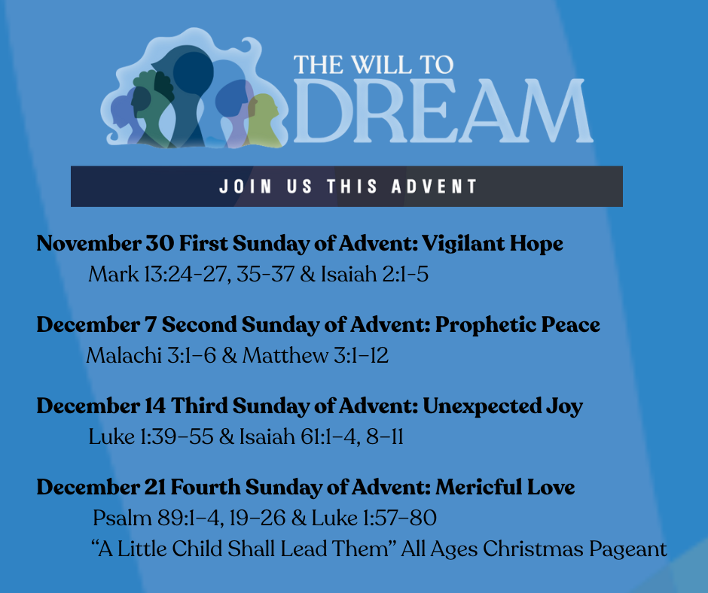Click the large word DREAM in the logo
pos(443,111)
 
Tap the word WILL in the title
pos(381,65)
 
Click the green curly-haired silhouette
pos(153,108)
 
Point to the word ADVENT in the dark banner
pos(434,187)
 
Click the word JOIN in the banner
pos(246,187)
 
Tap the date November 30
pos(105,243)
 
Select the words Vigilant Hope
pos(492,244)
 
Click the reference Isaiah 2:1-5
pos(374,274)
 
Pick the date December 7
pos(96,324)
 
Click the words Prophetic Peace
pos(517,325)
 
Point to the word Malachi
pos(124,355)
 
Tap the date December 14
pos(101,406)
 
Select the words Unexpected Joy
pos(502,406)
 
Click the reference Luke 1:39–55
pos(151,436)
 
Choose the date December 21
pos(101,487)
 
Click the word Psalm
pos(122,518)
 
